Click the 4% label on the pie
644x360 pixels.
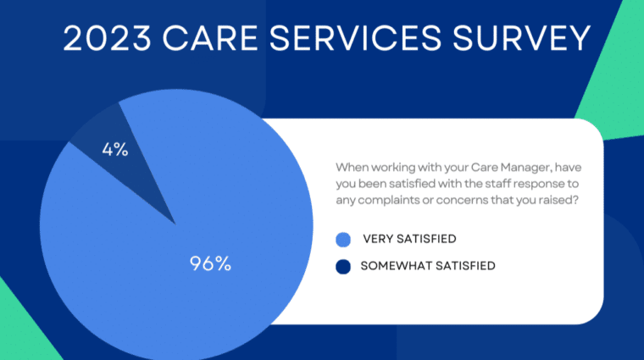(x=115, y=149)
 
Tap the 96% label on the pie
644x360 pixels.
(x=210, y=263)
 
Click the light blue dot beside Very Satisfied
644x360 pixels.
(x=343, y=240)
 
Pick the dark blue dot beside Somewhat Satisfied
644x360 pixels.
(x=343, y=267)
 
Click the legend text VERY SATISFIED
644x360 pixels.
(x=409, y=239)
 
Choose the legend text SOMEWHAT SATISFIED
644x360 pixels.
(x=428, y=266)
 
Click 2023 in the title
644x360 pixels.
(x=108, y=38)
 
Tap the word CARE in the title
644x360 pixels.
(x=210, y=38)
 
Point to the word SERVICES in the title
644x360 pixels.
(x=355, y=38)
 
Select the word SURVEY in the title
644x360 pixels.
(x=522, y=38)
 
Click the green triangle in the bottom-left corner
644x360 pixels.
(x=20, y=329)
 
